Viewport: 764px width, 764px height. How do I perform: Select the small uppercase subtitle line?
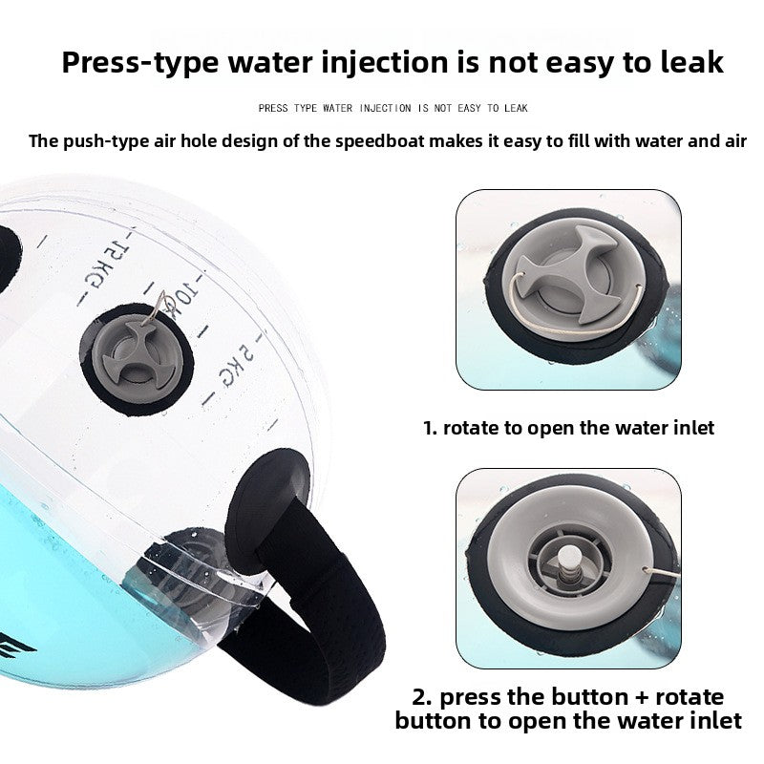(x=393, y=108)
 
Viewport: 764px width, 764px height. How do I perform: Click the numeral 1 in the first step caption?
(x=428, y=427)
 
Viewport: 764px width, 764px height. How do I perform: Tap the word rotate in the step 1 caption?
(x=472, y=427)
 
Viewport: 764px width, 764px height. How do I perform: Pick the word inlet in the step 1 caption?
(x=689, y=427)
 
